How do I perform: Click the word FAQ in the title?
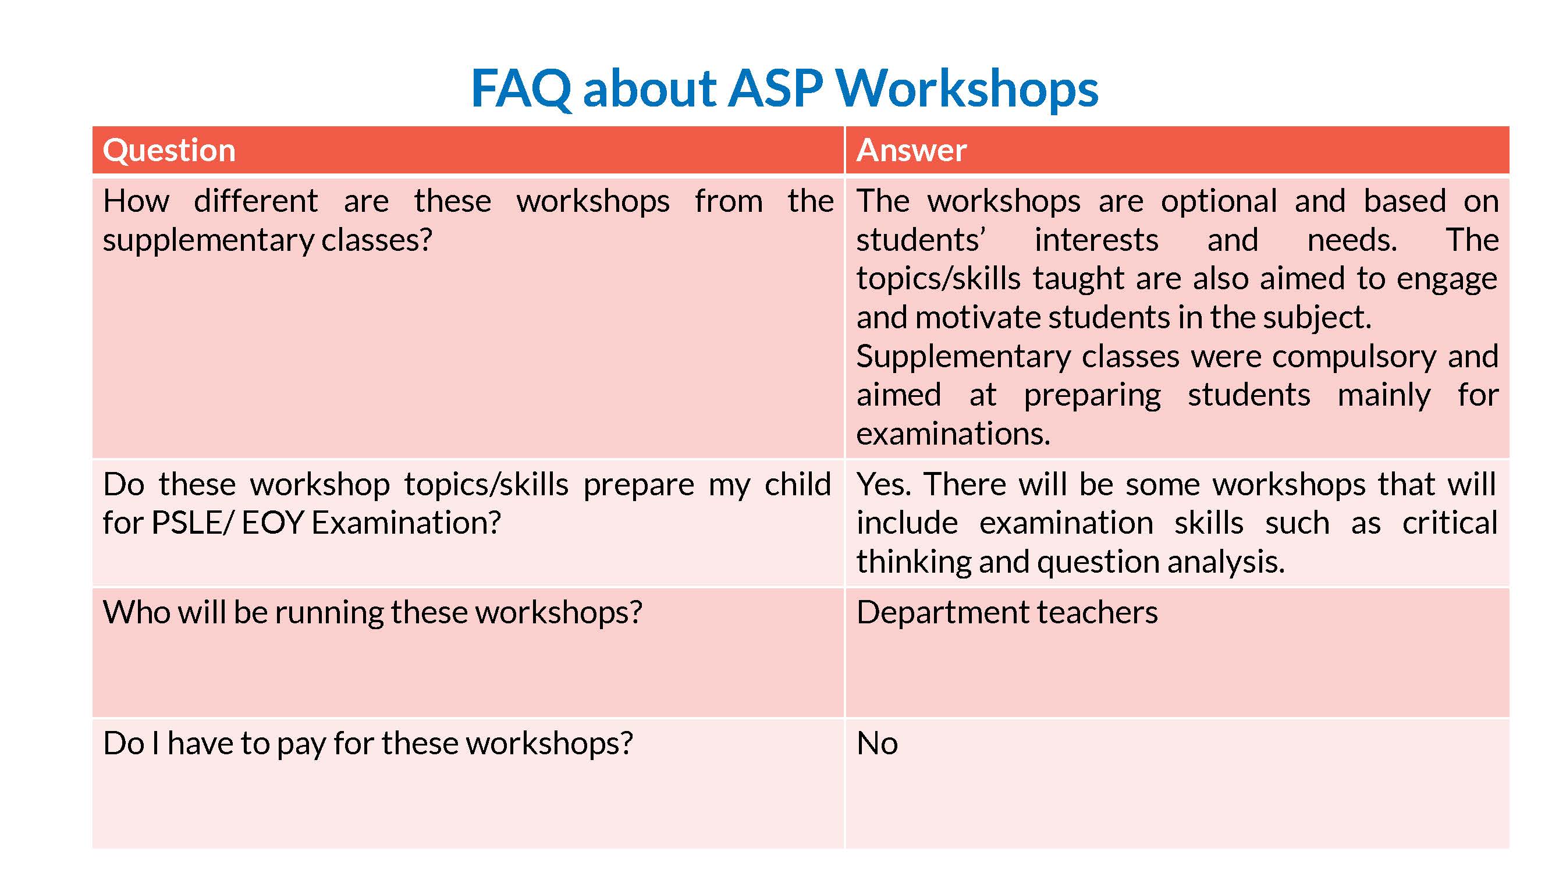pyautogui.click(x=521, y=89)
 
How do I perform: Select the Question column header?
pyautogui.click(x=169, y=151)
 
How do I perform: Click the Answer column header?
pyautogui.click(x=911, y=150)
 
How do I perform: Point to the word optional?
pyautogui.click(x=1219, y=203)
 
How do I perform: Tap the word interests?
pyautogui.click(x=1096, y=240)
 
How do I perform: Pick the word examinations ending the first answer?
pyautogui.click(x=953, y=434)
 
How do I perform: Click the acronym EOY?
pyautogui.click(x=273, y=523)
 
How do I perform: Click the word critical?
pyautogui.click(x=1449, y=523)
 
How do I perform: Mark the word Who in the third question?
pyautogui.click(x=136, y=613)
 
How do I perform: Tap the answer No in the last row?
pyautogui.click(x=876, y=743)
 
